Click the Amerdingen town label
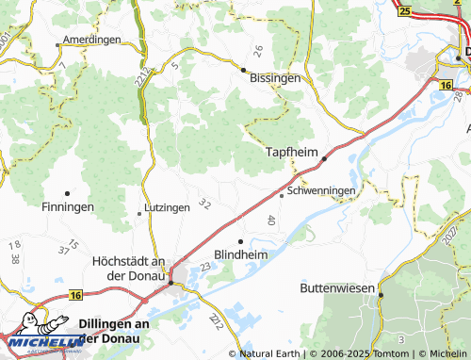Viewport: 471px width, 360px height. coord(91,41)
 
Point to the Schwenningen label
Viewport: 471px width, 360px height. coord(322,190)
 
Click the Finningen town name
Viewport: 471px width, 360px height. coord(68,206)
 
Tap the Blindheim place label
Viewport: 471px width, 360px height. coord(243,255)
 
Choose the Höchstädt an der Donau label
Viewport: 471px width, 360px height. coord(131,269)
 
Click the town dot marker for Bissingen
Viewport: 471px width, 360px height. coord(243,70)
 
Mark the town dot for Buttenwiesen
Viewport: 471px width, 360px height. coord(381,295)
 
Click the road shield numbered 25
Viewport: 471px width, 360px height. coord(404,11)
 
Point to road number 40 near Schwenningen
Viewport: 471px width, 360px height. coord(271,221)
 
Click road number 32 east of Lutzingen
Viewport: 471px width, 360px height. coord(204,205)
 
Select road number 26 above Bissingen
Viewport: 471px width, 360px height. coord(257,49)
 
